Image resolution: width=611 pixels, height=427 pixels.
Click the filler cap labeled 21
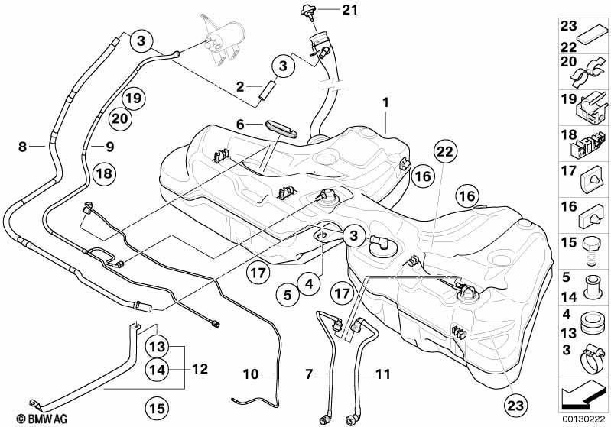[308, 13]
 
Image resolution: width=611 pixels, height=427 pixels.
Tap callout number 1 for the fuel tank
[385, 103]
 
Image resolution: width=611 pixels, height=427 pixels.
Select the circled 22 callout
[445, 151]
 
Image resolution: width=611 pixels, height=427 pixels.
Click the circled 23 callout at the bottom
[515, 406]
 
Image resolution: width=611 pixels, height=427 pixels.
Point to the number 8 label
[23, 147]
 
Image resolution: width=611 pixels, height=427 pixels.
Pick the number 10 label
[251, 374]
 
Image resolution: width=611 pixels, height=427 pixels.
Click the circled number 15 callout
[157, 408]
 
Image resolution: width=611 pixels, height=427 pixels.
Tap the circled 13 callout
[158, 347]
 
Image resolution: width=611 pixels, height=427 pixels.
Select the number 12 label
[200, 369]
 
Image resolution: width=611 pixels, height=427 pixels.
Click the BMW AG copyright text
[42, 419]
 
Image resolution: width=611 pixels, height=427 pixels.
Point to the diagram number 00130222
[583, 419]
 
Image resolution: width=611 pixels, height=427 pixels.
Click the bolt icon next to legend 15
[592, 252]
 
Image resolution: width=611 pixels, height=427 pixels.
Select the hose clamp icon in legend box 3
[592, 361]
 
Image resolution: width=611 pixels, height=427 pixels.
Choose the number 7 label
[309, 374]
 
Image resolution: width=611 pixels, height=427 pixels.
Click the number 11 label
[382, 374]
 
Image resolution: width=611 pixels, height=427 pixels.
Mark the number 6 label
[240, 125]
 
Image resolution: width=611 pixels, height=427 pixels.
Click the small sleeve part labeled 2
[268, 90]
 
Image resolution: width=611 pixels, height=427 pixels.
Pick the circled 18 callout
[104, 173]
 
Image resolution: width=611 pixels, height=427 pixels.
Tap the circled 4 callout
[309, 283]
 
